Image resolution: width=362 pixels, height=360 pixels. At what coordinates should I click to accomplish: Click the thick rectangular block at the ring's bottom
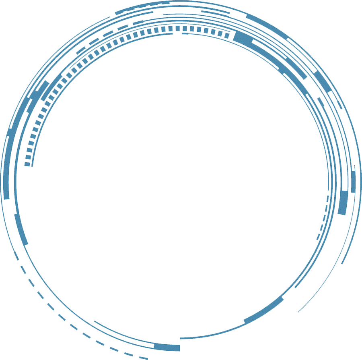[167, 347]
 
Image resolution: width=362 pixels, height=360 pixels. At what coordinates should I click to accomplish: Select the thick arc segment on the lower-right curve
[264, 310]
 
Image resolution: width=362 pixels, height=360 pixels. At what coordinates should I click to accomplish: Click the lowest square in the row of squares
[27, 164]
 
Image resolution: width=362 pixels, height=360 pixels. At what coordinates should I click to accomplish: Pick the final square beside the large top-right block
[226, 35]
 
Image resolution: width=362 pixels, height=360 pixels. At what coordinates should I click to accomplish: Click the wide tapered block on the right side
[343, 203]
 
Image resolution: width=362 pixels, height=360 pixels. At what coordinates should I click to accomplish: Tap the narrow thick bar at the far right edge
[353, 182]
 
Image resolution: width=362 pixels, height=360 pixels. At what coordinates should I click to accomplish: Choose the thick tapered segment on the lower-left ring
[21, 229]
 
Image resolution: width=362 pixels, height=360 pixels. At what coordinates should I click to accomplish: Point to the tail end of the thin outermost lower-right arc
[299, 311]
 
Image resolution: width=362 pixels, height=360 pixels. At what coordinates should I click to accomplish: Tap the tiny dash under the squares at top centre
[185, 33]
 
